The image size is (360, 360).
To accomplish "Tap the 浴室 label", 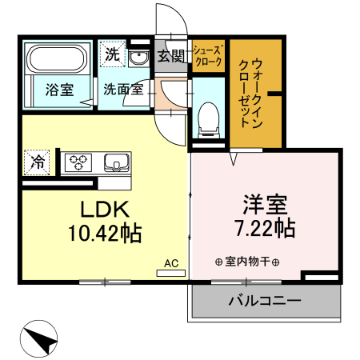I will click(58, 90).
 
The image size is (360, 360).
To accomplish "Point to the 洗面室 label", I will click(123, 90).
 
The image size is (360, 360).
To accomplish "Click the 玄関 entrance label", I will click(170, 55).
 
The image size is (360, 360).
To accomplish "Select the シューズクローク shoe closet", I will click(208, 57).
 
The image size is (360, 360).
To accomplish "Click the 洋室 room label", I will click(265, 202).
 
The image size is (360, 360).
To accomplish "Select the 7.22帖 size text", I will click(265, 228).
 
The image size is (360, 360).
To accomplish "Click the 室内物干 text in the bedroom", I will click(246, 262).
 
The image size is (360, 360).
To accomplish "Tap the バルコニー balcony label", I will click(265, 302).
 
